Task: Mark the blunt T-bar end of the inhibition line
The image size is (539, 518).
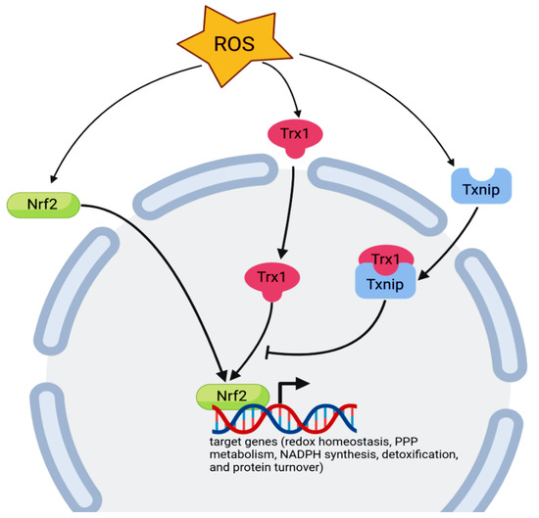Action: coord(268,352)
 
